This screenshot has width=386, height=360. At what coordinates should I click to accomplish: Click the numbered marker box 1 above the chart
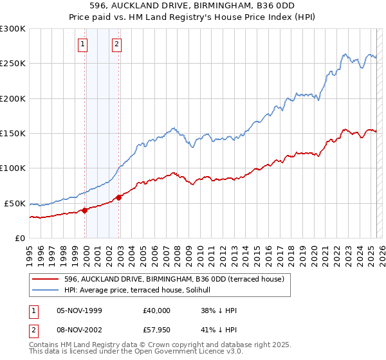(84, 44)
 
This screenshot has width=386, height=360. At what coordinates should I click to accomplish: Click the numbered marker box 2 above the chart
(116, 44)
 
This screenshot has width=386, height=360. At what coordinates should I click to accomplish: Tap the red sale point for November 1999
(85, 210)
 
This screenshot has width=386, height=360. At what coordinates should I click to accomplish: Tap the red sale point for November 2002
(119, 197)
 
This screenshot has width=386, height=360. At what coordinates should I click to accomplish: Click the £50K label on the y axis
(15, 203)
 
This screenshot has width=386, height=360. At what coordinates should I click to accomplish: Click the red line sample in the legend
(45, 279)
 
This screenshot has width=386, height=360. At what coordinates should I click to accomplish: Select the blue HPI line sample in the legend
(45, 291)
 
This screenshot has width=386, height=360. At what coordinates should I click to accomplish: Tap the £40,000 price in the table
(157, 310)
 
